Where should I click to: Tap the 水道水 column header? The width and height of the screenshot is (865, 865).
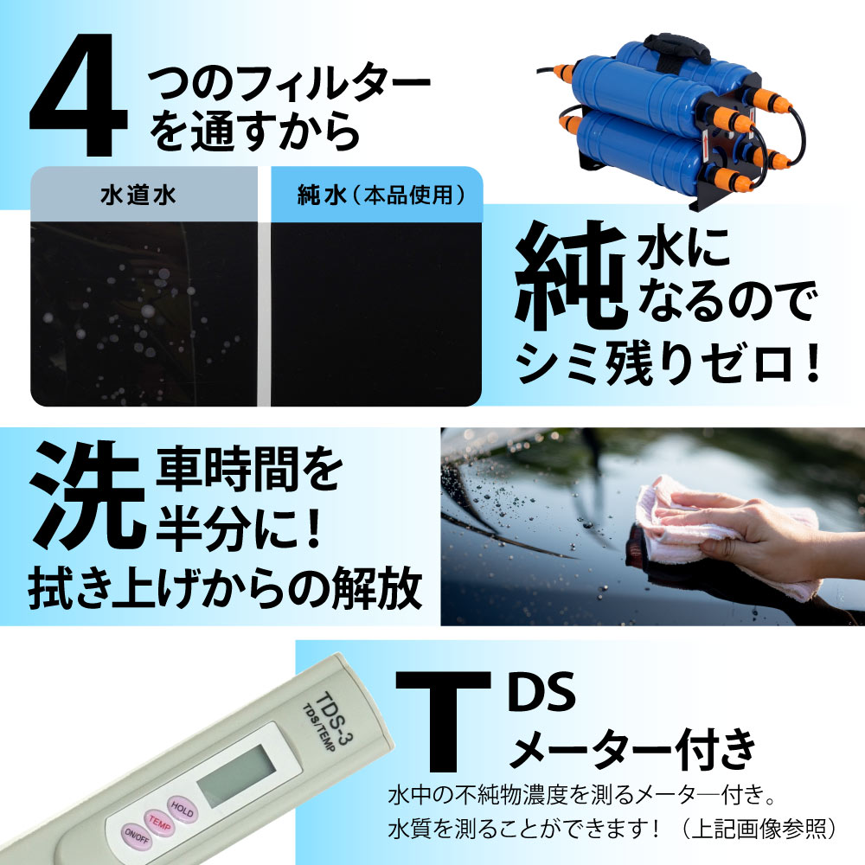(138, 195)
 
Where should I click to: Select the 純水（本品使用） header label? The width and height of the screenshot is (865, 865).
(381, 195)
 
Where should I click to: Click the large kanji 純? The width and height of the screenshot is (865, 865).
(571, 273)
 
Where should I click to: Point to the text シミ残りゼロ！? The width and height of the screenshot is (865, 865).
(667, 363)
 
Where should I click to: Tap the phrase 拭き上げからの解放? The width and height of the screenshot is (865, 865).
(225, 590)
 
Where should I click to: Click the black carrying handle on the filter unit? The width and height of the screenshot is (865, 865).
(677, 47)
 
